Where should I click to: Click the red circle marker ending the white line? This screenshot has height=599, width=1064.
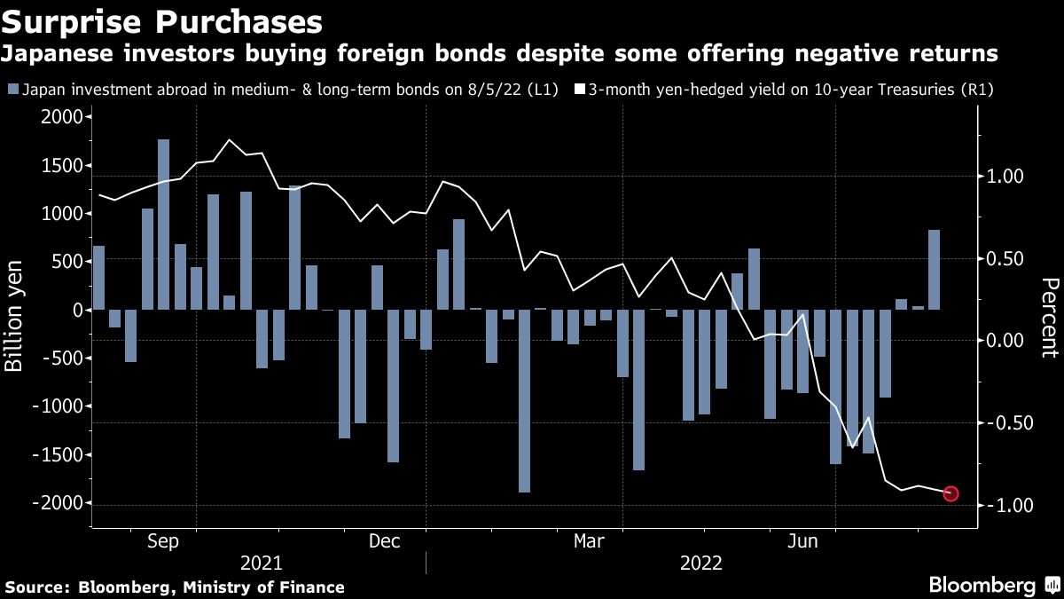point(951,493)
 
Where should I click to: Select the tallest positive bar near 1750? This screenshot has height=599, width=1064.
point(163,225)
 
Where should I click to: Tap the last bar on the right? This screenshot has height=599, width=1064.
point(934,270)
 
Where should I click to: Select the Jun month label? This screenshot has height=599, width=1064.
point(802,540)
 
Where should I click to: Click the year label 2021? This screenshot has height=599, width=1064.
point(261,564)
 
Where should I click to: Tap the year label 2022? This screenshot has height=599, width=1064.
point(700,564)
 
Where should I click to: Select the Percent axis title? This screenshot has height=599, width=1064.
point(1049,318)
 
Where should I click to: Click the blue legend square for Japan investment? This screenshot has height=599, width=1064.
point(12,90)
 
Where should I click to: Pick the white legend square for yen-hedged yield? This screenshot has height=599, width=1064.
point(581,90)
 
